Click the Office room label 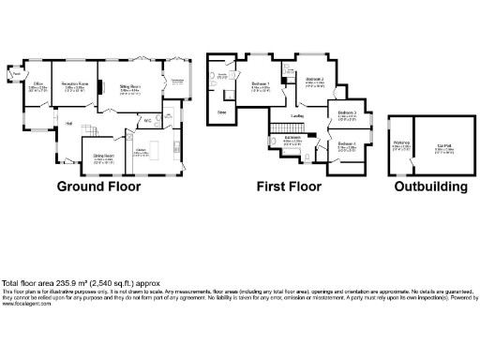pyautogui.click(x=39, y=84)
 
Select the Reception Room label pyautogui.click(x=76, y=84)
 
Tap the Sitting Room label pyautogui.click(x=129, y=85)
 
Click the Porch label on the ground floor pyautogui.click(x=17, y=72)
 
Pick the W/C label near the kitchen pyautogui.click(x=147, y=119)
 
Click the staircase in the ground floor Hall pyautogui.click(x=105, y=128)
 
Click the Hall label pyautogui.click(x=68, y=123)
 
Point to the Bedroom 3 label pyautogui.click(x=347, y=112)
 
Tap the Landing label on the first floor pyautogui.click(x=296, y=116)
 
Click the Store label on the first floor pyautogui.click(x=221, y=112)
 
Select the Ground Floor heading pyautogui.click(x=99, y=187)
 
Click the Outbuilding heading pyautogui.click(x=430, y=187)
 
